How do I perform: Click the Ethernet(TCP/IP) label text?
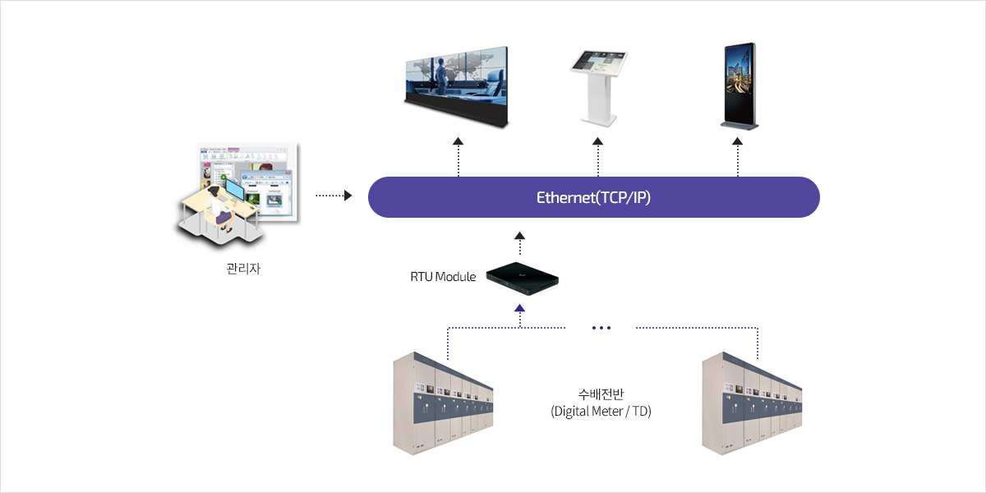click(593, 198)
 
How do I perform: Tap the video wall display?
click(457, 85)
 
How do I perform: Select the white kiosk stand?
click(598, 87)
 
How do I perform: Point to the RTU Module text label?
click(443, 277)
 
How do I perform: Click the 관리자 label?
click(243, 269)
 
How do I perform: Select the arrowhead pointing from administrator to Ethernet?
click(348, 196)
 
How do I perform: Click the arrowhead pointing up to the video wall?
click(458, 141)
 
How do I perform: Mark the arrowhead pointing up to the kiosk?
click(598, 141)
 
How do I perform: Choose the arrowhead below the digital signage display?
click(738, 141)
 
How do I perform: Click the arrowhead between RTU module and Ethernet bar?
click(519, 236)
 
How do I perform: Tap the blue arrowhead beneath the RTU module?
click(519, 308)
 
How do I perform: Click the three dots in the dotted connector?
click(601, 328)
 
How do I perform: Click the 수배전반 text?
click(601, 394)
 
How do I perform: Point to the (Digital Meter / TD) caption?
click(601, 411)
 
